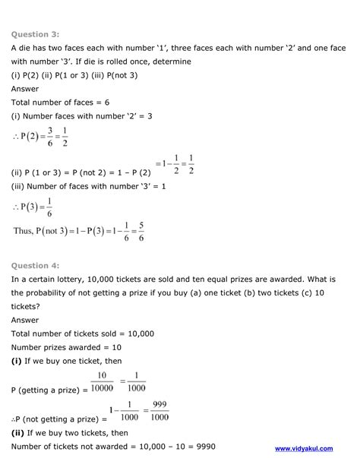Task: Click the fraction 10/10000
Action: point(104,381)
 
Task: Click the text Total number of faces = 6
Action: point(59,102)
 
